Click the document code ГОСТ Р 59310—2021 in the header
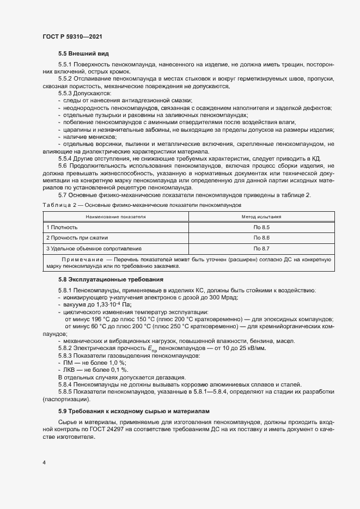(x=72, y=36)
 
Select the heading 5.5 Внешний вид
(x=83, y=53)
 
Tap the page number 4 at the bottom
(x=44, y=462)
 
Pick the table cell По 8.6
(x=261, y=237)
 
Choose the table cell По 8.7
(x=261, y=248)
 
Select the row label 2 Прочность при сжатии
(x=77, y=237)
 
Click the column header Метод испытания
(x=261, y=216)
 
